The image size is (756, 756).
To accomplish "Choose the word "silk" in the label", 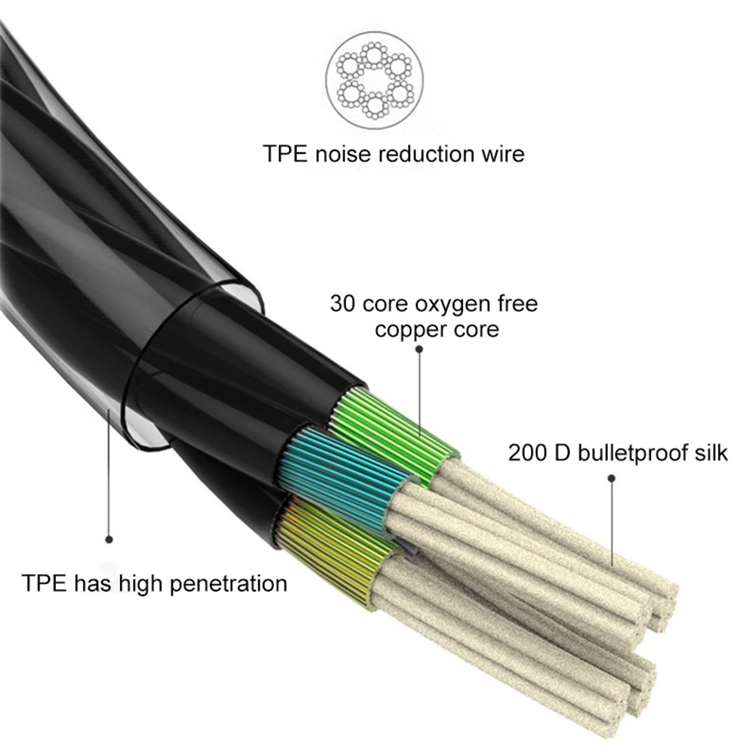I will pos(708,453).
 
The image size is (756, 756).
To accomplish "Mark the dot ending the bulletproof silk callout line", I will pos(612,477).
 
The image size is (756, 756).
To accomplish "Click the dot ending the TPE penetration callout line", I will pos(109,539).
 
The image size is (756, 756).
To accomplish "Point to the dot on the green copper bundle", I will pos(420,438).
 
